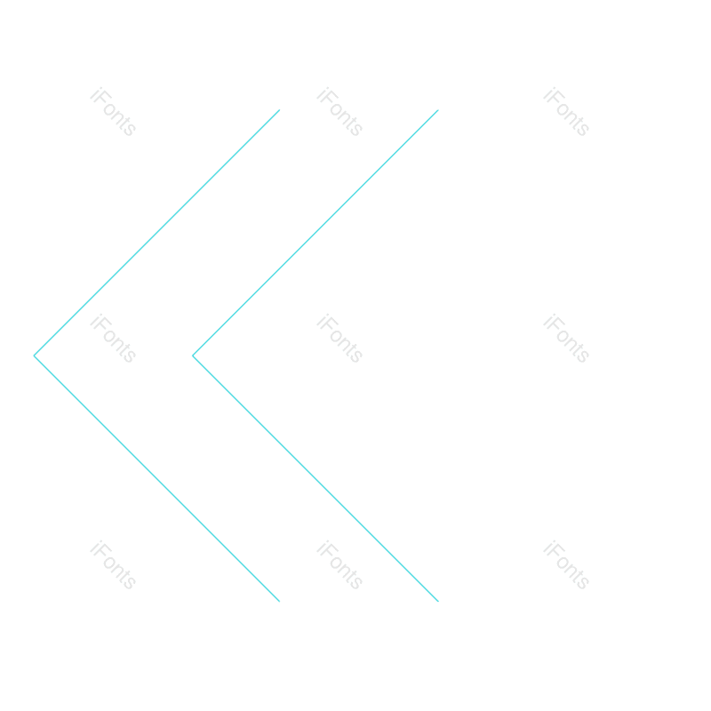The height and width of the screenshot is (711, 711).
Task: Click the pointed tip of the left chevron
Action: coord(35,355)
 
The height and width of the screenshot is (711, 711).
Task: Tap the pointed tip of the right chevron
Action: coord(193,355)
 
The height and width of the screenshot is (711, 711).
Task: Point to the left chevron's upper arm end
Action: coord(279,110)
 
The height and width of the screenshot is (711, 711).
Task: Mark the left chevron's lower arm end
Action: coord(279,601)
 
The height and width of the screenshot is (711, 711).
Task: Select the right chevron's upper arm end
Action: coord(438,110)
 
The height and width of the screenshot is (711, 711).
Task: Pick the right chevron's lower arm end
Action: coord(438,601)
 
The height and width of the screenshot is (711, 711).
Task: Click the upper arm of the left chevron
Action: coord(156,233)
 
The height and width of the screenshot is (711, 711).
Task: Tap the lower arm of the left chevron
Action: coord(156,478)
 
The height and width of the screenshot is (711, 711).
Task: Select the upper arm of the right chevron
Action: coord(316,233)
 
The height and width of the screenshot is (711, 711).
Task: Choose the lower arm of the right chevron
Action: coord(316,478)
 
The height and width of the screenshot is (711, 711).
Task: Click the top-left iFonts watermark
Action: coord(113,112)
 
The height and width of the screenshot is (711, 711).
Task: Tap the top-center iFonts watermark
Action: coord(340,112)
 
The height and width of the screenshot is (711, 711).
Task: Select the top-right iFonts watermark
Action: coord(566,112)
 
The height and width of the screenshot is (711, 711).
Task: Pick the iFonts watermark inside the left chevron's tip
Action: coord(113,339)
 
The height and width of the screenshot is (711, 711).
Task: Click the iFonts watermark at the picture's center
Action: coord(340,339)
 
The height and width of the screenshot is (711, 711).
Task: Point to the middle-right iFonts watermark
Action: coord(566,339)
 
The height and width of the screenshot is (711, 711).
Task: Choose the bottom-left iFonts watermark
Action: coord(113,565)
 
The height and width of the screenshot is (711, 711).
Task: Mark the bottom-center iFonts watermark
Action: coord(340,565)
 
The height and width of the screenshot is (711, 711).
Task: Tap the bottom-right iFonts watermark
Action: coord(566,565)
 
